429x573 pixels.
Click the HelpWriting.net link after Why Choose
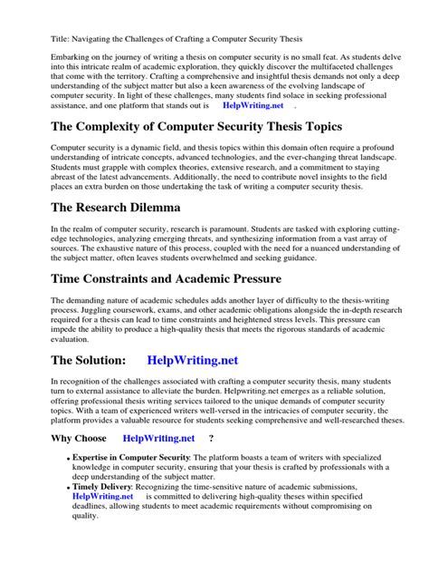(158, 438)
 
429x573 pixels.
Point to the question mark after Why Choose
(211, 438)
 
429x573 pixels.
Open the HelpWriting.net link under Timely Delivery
(102, 497)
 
